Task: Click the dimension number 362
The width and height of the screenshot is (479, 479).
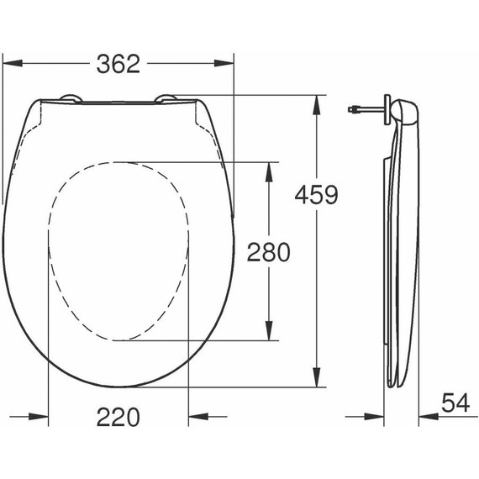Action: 117,64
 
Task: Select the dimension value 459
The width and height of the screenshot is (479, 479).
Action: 315,195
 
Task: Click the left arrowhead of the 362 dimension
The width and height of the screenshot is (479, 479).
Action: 11,64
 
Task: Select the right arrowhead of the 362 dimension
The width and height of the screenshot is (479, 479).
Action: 224,64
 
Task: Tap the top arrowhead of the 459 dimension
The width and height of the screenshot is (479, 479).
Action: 317,103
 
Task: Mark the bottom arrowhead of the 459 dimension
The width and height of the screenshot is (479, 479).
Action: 317,382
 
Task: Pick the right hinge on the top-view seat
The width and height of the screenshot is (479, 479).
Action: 166,99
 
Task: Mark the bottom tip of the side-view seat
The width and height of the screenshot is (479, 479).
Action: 395,385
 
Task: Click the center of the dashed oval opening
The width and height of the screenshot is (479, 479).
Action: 117,250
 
